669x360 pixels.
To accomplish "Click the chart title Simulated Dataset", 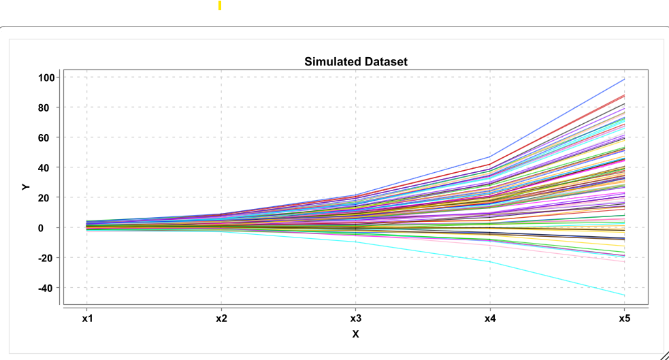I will [355, 62].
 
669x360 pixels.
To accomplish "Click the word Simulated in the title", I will [330, 62].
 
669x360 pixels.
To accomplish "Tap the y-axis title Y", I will [26, 186].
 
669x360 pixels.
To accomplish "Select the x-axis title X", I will [355, 333].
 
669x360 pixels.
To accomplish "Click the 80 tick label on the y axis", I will [48, 108].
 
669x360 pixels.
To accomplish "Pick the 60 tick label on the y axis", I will [48, 137].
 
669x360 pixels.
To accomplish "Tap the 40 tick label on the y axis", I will [48, 167].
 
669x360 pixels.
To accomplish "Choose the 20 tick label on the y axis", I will [48, 197].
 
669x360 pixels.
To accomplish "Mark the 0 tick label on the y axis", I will [50, 227].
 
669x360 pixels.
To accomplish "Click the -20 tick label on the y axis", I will [46, 258].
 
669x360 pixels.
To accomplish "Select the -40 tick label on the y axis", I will [46, 288].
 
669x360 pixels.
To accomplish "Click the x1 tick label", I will [86, 318].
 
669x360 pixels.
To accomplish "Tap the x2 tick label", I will [221, 318].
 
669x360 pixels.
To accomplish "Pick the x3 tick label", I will [355, 318].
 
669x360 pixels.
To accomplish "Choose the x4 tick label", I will [489, 318].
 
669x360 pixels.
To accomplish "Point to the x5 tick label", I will [623, 318].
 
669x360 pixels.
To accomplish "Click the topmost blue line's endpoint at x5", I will [624, 80].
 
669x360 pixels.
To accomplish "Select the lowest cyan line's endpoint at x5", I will [624, 295].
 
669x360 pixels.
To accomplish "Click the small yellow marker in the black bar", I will [220, 6].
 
